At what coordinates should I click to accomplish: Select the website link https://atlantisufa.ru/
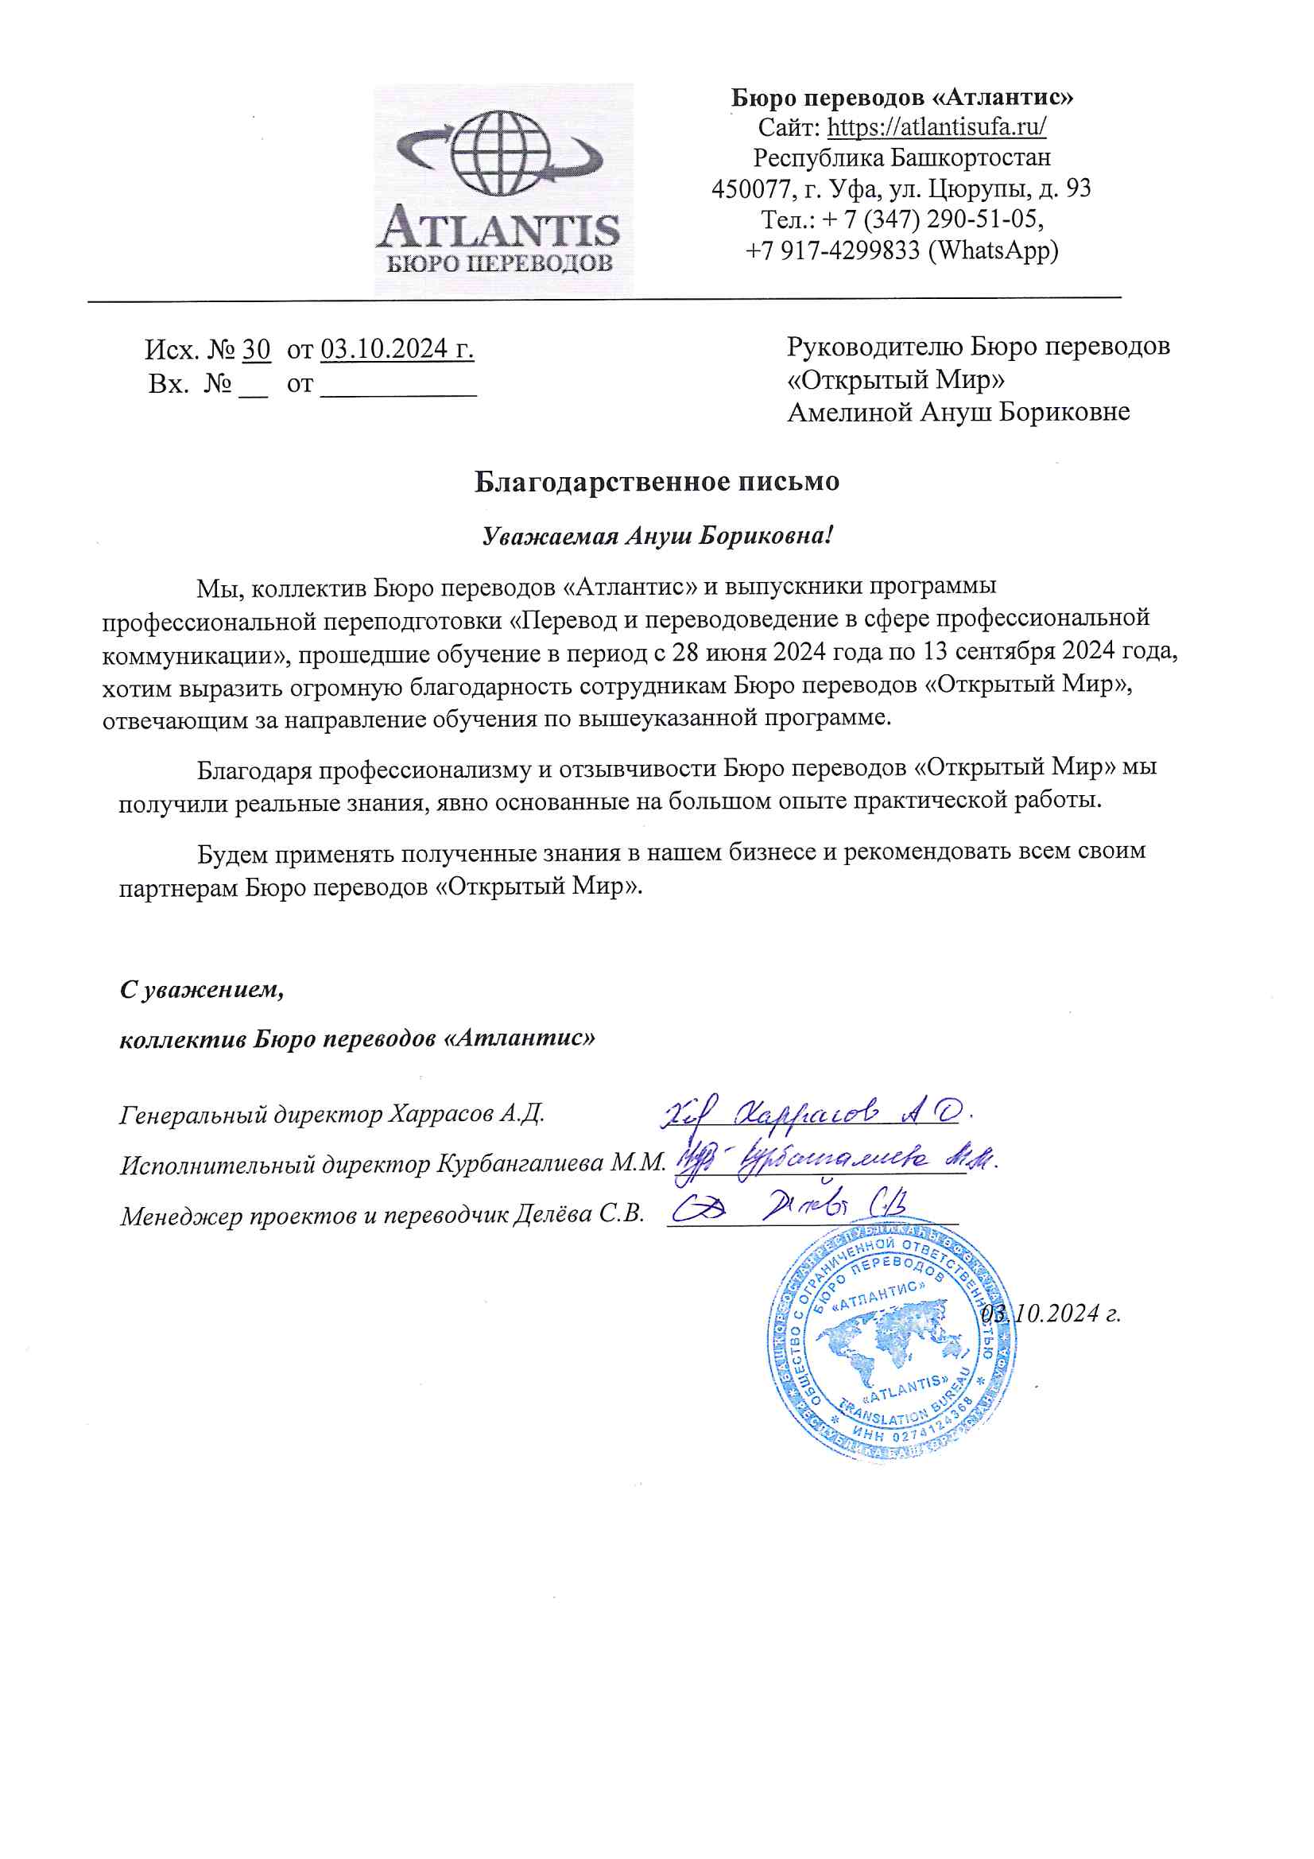[x=936, y=127]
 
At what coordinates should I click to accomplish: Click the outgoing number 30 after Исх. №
[x=256, y=350]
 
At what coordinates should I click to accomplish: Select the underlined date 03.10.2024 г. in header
[x=397, y=349]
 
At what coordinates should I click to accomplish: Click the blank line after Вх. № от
[x=398, y=384]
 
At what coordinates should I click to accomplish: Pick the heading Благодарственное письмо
[x=657, y=482]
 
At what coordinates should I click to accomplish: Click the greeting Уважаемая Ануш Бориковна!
[x=657, y=536]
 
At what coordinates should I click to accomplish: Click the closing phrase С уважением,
[x=202, y=989]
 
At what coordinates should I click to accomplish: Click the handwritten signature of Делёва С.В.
[x=789, y=1208]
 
